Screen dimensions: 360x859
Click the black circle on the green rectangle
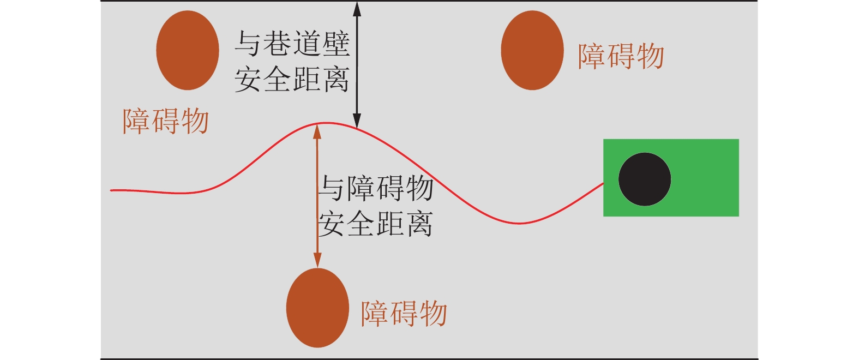[x=645, y=179]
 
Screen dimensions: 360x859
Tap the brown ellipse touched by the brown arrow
[x=317, y=308]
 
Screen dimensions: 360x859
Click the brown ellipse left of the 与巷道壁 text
[x=188, y=50]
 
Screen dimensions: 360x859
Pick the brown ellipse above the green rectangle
[x=532, y=50]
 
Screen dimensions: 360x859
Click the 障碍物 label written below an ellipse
[x=166, y=121]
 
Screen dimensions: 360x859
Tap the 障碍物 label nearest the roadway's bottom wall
[x=404, y=314]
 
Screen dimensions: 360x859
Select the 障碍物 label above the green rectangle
[x=621, y=56]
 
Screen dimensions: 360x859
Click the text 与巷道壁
[x=292, y=44]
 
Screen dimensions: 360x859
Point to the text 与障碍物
[x=376, y=188]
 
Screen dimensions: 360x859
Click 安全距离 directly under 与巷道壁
[x=292, y=80]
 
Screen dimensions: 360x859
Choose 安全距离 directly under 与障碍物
[x=376, y=224]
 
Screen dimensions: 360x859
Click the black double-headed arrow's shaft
[x=357, y=65]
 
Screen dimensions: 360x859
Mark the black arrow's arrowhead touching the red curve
[x=357, y=122]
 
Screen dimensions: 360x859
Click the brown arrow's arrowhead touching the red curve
[x=317, y=131]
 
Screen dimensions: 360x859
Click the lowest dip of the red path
[x=519, y=223]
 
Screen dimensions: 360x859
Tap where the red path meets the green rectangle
[x=603, y=184]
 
